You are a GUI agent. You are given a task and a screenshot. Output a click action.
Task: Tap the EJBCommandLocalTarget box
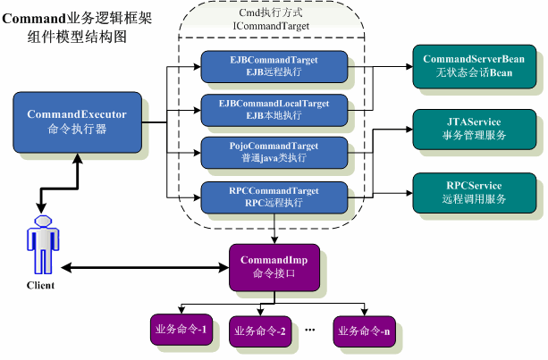274,109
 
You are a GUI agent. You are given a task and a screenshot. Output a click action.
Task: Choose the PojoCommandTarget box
274,151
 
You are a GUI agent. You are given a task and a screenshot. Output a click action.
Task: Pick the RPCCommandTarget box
274,195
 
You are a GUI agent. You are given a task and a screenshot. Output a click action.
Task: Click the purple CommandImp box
274,265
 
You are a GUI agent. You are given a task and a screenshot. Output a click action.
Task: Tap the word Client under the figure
40,286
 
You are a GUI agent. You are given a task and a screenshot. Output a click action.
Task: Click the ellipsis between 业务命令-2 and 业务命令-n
311,330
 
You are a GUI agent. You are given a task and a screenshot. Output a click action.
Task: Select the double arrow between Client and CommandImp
143,266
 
